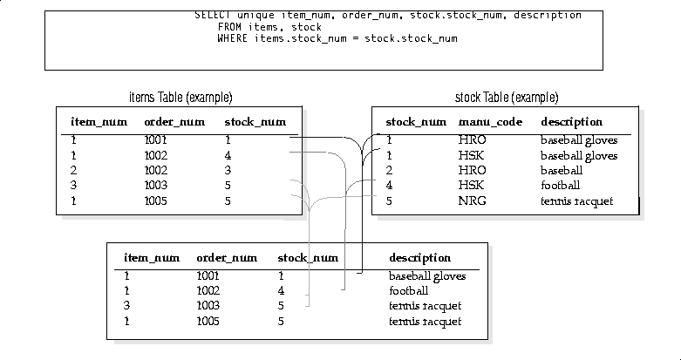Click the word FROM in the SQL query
(x=229, y=27)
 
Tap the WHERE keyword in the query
(x=232, y=38)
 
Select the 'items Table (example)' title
(x=180, y=98)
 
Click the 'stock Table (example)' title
(x=507, y=98)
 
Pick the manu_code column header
(x=490, y=122)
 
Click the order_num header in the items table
(x=174, y=122)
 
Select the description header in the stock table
(x=571, y=122)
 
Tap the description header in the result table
(x=420, y=258)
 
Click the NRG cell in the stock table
(x=472, y=201)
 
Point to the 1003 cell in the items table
(x=155, y=186)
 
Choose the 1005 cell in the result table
(x=208, y=322)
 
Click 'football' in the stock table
(x=561, y=186)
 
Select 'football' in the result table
(x=409, y=290)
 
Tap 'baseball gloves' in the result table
(x=427, y=276)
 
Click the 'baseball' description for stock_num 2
(x=562, y=170)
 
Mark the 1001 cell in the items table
(x=155, y=139)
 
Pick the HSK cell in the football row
(x=471, y=186)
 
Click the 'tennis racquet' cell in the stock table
(x=576, y=201)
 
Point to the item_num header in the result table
(x=152, y=258)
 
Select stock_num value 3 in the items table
(x=228, y=170)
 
